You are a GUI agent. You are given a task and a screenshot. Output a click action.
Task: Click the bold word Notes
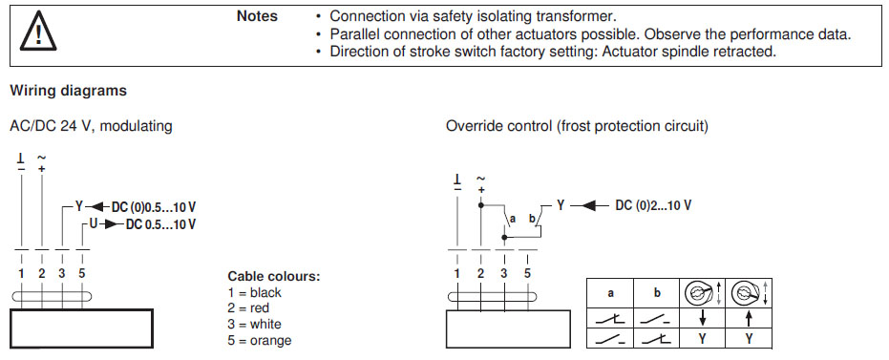tap(257, 16)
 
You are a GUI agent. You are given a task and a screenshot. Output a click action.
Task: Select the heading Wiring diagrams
tap(69, 91)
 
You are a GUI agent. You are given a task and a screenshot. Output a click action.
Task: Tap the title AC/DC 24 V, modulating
tap(92, 126)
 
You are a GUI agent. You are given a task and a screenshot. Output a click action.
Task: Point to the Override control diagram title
tap(577, 126)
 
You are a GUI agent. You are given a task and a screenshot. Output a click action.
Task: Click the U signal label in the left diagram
tap(95, 224)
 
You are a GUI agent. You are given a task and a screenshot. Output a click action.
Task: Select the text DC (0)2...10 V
tap(653, 205)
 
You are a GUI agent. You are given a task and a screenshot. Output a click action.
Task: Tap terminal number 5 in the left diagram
tap(82, 273)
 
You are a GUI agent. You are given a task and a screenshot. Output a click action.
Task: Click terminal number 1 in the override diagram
tap(457, 273)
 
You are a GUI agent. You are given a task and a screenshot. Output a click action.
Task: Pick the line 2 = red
tap(249, 308)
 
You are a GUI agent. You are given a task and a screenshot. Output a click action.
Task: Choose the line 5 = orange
tap(260, 340)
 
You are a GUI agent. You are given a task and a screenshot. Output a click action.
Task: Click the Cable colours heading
tap(274, 277)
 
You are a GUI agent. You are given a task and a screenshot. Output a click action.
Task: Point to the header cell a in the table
tap(610, 294)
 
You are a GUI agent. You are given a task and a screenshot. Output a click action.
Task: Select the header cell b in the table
tap(657, 294)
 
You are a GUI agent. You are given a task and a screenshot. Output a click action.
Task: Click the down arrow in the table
tap(703, 319)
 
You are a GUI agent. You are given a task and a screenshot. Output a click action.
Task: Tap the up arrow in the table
tap(749, 319)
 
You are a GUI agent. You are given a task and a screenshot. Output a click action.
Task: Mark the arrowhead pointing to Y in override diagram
tap(588, 205)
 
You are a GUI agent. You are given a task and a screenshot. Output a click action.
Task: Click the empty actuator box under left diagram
tap(82, 328)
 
